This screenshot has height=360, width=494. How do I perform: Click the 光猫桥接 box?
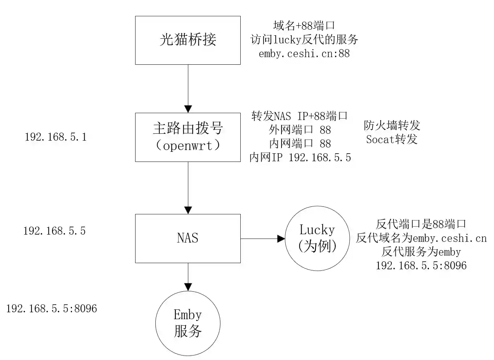click(x=188, y=40)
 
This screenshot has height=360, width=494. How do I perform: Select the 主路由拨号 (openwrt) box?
click(x=188, y=137)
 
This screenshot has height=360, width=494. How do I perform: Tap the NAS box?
click(x=188, y=238)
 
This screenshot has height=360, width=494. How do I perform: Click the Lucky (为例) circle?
click(x=317, y=238)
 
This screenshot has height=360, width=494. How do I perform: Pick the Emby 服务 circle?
click(x=188, y=323)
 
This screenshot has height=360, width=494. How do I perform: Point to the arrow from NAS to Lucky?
click(x=263, y=239)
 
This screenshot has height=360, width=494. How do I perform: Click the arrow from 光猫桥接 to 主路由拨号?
click(x=188, y=89)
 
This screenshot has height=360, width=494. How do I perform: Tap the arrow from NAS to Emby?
click(x=188, y=277)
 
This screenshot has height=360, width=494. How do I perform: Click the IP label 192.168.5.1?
click(x=56, y=137)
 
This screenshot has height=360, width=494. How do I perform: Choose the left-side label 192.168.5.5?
click(x=55, y=231)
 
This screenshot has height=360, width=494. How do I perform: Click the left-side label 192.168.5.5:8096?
click(x=52, y=308)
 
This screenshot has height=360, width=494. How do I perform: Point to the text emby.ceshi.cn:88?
click(x=304, y=53)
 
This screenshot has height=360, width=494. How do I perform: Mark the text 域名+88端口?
click(x=304, y=26)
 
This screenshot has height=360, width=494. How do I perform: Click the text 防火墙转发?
click(x=392, y=125)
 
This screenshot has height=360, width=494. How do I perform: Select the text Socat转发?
click(x=392, y=139)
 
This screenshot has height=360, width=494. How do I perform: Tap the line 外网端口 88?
click(x=300, y=130)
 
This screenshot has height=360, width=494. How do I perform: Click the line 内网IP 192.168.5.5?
click(x=300, y=158)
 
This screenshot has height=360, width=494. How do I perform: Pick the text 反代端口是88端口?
click(x=421, y=224)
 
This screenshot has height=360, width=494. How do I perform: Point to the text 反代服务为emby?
click(x=421, y=252)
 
